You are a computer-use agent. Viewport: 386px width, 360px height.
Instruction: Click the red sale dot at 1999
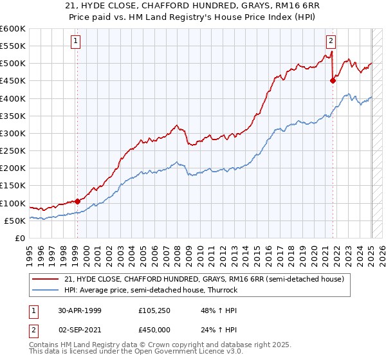(x=77, y=201)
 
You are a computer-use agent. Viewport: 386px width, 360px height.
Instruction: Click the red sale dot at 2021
(x=333, y=80)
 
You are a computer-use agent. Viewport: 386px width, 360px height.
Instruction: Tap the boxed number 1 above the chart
(x=75, y=41)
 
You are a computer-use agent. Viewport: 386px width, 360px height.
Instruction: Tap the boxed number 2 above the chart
(x=331, y=41)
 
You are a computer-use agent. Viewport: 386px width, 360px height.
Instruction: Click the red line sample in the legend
(x=46, y=279)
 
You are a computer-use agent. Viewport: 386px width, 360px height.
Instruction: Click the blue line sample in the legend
(x=46, y=290)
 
